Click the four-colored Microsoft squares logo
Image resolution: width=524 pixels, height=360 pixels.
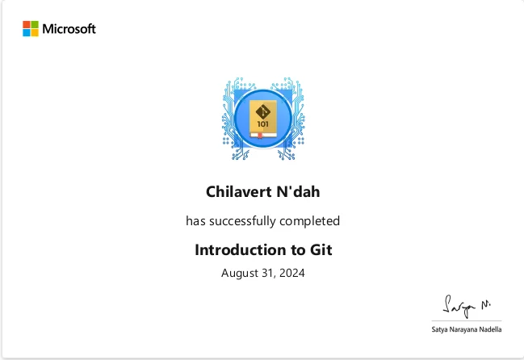click(x=31, y=29)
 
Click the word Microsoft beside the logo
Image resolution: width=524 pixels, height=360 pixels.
click(x=69, y=29)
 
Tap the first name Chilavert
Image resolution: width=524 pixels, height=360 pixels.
click(x=239, y=191)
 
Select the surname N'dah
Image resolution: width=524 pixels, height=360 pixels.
click(x=298, y=191)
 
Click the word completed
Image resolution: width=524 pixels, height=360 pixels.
click(x=310, y=221)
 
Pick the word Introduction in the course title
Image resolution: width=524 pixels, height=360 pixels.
click(x=241, y=249)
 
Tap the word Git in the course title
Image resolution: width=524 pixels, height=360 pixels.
click(x=321, y=249)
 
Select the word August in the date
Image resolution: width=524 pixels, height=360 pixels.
click(x=240, y=273)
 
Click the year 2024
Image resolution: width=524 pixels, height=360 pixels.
click(x=291, y=273)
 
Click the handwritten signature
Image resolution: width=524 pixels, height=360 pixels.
click(x=467, y=306)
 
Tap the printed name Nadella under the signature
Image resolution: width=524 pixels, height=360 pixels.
click(x=490, y=329)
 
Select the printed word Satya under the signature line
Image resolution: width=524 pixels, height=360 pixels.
click(x=439, y=329)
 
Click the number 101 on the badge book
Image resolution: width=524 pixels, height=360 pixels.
click(x=262, y=124)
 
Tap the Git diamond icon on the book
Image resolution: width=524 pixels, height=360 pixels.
click(x=263, y=111)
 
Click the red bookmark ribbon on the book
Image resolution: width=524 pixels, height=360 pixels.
click(x=260, y=136)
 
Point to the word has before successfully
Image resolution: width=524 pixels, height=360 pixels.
click(x=195, y=221)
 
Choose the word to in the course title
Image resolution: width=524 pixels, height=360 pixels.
click(x=298, y=250)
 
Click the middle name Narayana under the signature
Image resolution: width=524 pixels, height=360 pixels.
click(x=463, y=329)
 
